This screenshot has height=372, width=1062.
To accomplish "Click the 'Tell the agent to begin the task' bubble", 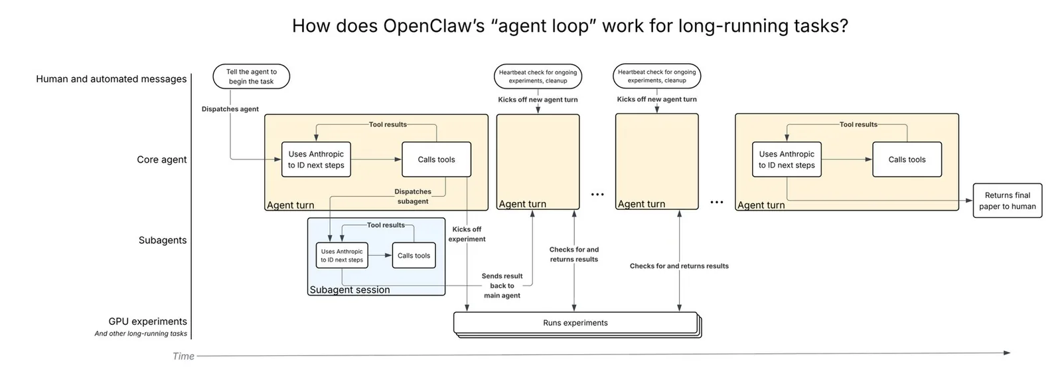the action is pos(252,76).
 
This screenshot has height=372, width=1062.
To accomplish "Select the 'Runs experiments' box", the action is pos(575,323).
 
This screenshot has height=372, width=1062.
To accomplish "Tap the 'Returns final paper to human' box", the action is pos(1008,201).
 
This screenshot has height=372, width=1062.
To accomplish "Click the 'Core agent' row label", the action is pos(162,159).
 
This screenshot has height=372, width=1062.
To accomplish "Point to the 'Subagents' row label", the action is pos(163,240).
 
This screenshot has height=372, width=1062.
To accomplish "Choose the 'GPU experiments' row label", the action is pos(147,322).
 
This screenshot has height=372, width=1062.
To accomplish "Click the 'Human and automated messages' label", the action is pos(112,79).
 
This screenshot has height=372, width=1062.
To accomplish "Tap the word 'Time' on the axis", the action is pos(183,356).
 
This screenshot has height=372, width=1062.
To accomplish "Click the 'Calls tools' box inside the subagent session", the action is pos(414,256).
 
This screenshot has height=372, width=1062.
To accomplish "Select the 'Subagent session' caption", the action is pos(350,290).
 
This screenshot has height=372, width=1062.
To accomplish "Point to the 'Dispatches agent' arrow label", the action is pos(230,109).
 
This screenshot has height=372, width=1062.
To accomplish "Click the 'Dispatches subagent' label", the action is pos(413,197).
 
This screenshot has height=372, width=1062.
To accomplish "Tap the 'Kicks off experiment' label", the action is pos(467,234).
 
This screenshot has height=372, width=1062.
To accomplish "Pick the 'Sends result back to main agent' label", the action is pos(502,286).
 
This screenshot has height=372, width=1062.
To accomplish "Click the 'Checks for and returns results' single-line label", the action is pos(679,266).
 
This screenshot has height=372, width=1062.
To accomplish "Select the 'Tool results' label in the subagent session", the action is pos(386,225).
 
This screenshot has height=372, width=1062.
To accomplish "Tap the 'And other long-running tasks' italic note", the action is pos(141,333).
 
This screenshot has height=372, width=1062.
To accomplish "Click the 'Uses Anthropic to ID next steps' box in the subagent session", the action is pos(342,256).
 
